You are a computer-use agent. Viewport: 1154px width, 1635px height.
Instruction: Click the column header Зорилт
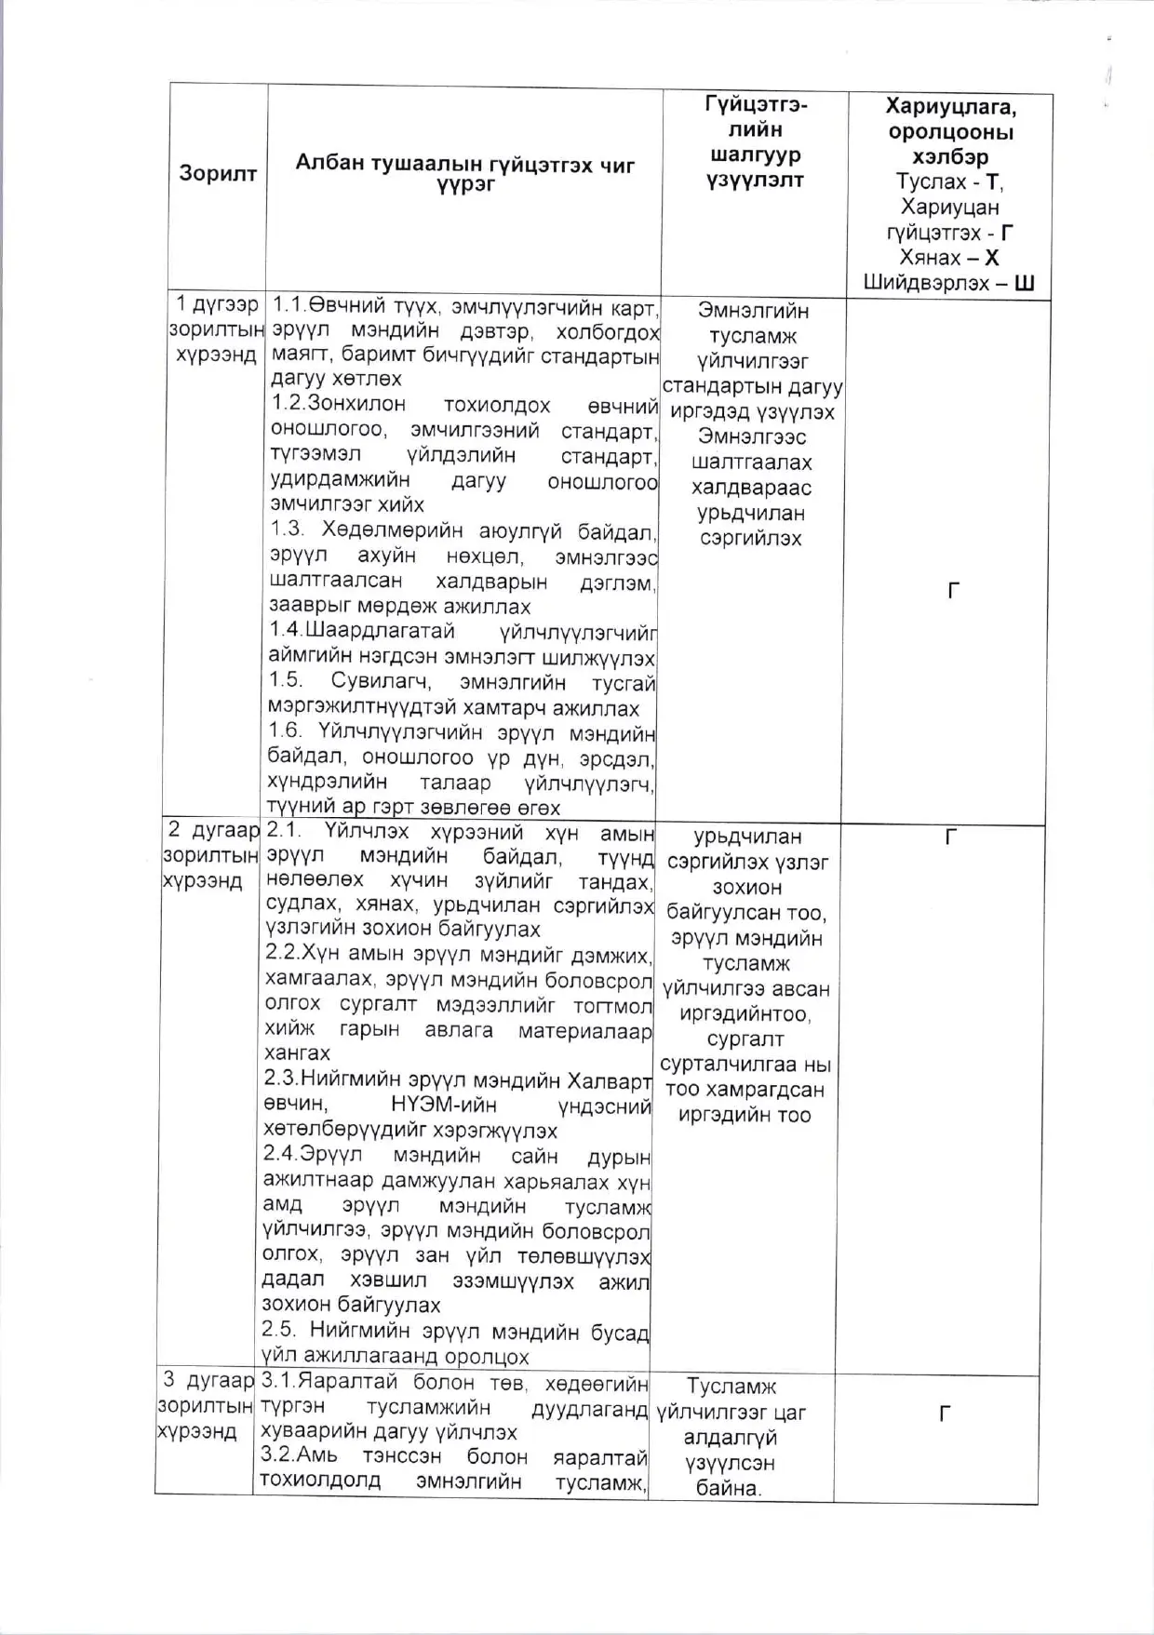(x=218, y=173)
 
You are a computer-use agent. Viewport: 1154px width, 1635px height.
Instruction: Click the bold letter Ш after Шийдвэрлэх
(x=1024, y=283)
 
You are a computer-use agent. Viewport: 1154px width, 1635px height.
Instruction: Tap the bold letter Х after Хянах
(x=991, y=258)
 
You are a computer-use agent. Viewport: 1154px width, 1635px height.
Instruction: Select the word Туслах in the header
(x=931, y=181)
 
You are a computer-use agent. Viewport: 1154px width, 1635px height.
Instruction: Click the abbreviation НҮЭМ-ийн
(x=444, y=1105)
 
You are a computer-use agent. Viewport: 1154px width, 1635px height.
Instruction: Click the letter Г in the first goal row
(x=953, y=591)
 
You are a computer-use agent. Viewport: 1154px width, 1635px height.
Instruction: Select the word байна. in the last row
(x=729, y=1488)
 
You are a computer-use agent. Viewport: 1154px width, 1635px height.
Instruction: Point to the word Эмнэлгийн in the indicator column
(x=753, y=311)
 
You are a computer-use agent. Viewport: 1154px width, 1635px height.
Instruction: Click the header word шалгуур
(x=754, y=154)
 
